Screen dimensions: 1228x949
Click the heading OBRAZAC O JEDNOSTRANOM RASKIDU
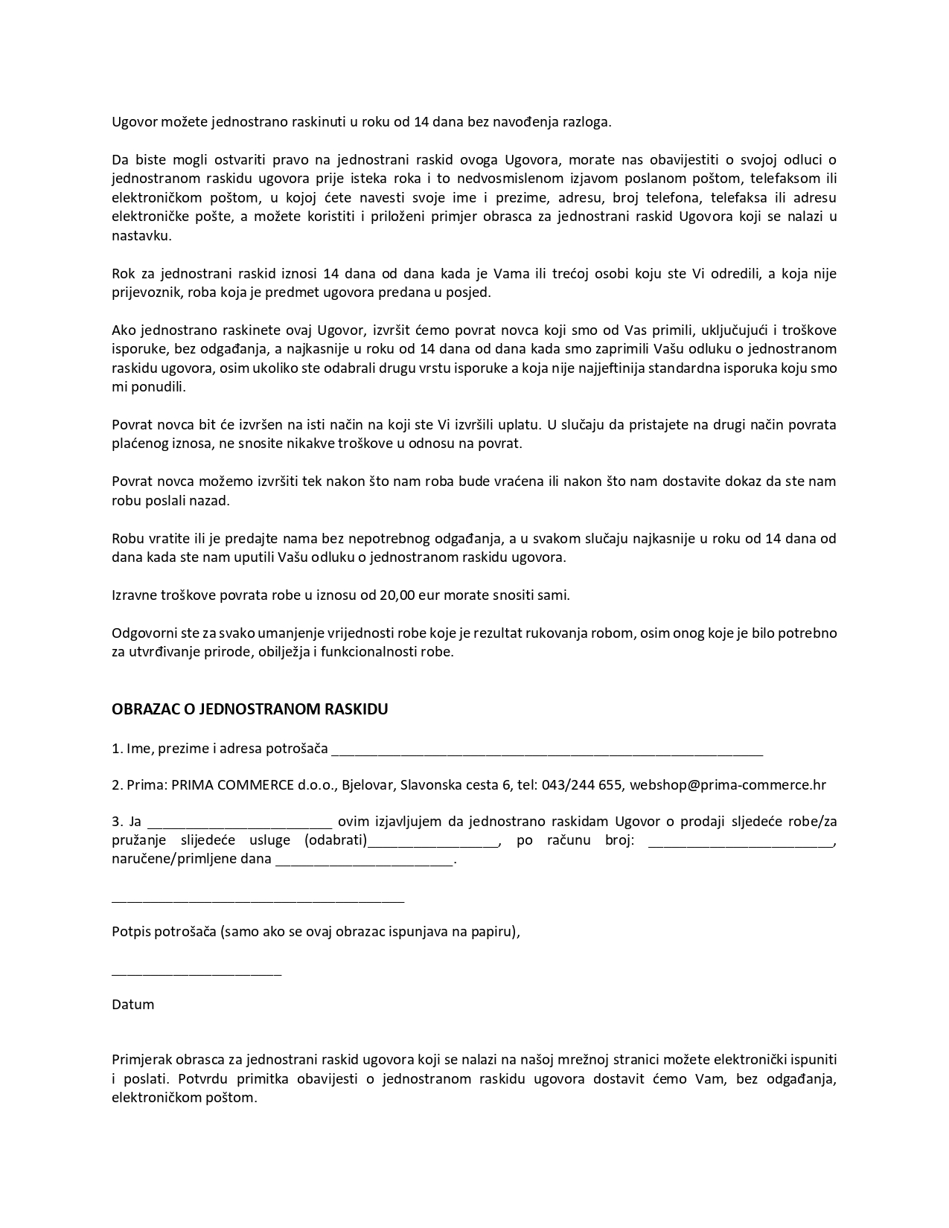(249, 709)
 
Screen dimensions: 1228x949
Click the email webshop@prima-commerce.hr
(727, 785)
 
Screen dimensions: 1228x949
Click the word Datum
(133, 1005)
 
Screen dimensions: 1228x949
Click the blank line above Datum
(196, 972)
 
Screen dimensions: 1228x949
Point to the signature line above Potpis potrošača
(258, 901)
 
